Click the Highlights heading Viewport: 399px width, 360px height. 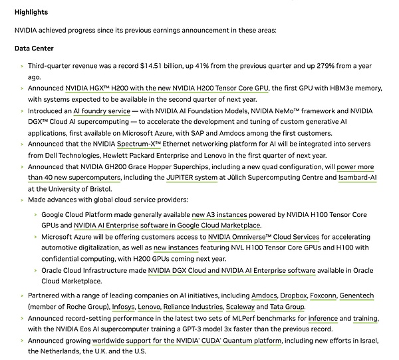click(x=31, y=13)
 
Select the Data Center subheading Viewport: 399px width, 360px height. click(x=34, y=49)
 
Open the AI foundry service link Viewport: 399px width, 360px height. click(x=102, y=110)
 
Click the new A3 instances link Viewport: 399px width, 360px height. click(x=219, y=214)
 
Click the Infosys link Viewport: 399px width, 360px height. click(x=123, y=307)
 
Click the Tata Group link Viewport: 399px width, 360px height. click(x=287, y=307)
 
